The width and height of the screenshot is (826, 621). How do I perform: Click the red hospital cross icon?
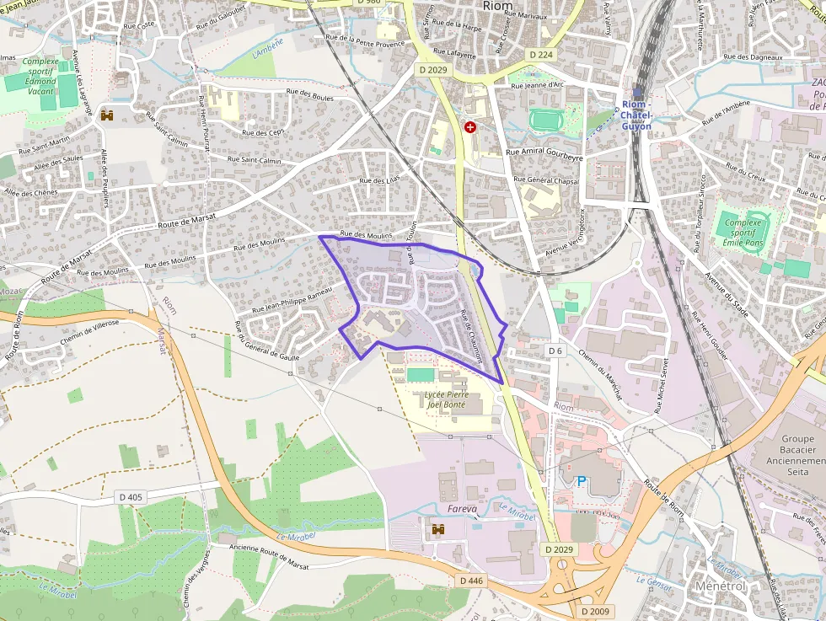(x=469, y=127)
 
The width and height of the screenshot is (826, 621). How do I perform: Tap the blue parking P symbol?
(x=581, y=482)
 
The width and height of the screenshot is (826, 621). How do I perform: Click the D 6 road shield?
(x=555, y=350)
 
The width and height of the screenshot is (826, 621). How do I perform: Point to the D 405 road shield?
(x=131, y=497)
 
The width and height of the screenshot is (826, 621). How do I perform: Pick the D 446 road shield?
(x=472, y=581)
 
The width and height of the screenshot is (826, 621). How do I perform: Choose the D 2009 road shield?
(x=594, y=611)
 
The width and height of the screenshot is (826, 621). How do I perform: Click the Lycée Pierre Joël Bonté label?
(x=447, y=399)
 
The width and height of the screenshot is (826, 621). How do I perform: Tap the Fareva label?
(x=463, y=509)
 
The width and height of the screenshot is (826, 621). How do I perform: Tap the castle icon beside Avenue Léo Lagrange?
(x=107, y=115)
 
